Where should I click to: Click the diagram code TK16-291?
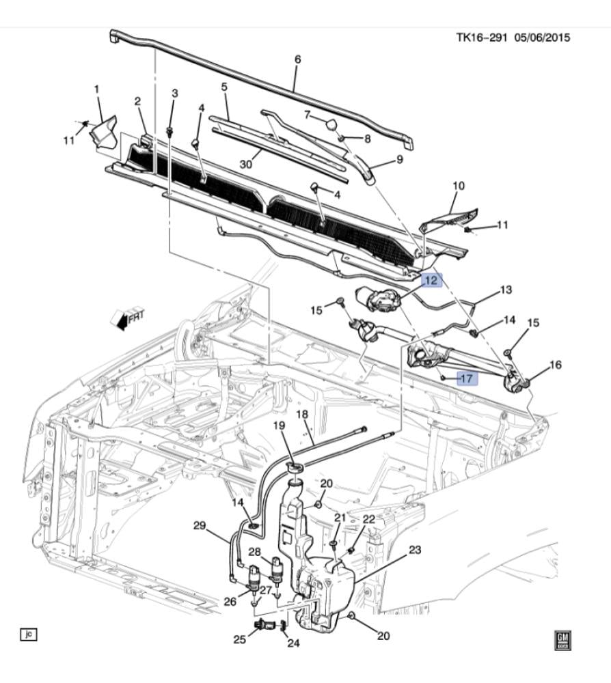482,38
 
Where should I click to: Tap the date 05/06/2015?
542,38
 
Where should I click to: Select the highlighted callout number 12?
431,281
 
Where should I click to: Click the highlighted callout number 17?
466,378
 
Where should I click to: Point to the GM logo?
562,641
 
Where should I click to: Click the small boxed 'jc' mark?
29,635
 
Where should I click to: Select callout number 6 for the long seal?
298,59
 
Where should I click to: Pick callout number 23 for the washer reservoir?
414,550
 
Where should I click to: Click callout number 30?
246,164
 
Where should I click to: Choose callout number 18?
302,415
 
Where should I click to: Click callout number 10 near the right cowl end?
459,186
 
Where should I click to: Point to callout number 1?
97,89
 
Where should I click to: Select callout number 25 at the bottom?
240,639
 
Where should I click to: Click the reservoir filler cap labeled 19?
295,468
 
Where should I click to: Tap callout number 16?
556,364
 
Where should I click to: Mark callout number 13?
506,290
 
